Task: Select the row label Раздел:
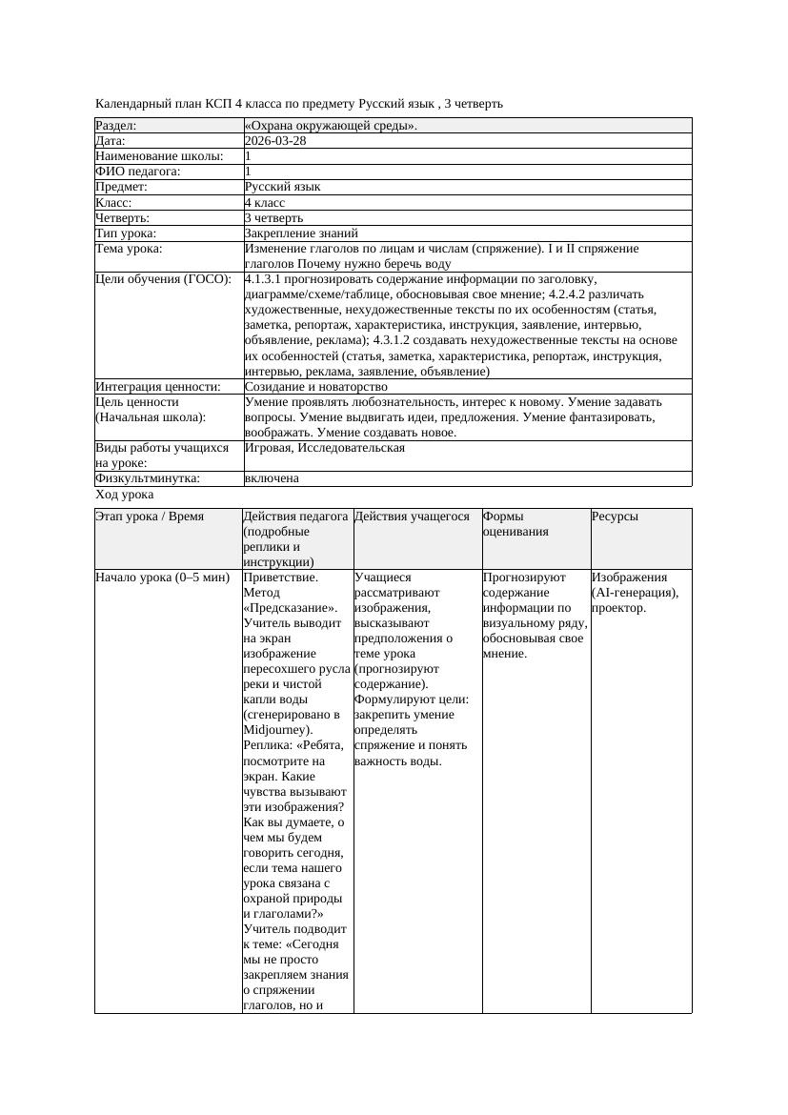click(x=116, y=126)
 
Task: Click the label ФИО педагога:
click(x=138, y=172)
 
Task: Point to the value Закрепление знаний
click(x=301, y=233)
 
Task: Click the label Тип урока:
click(x=126, y=233)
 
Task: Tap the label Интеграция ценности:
click(x=158, y=387)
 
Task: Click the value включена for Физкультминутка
click(x=272, y=478)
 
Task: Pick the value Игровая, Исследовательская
click(x=325, y=447)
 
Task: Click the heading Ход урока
click(x=124, y=495)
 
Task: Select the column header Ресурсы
click(x=615, y=517)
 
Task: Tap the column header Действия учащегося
click(x=412, y=517)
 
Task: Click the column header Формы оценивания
click(x=515, y=524)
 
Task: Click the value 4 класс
click(x=265, y=202)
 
